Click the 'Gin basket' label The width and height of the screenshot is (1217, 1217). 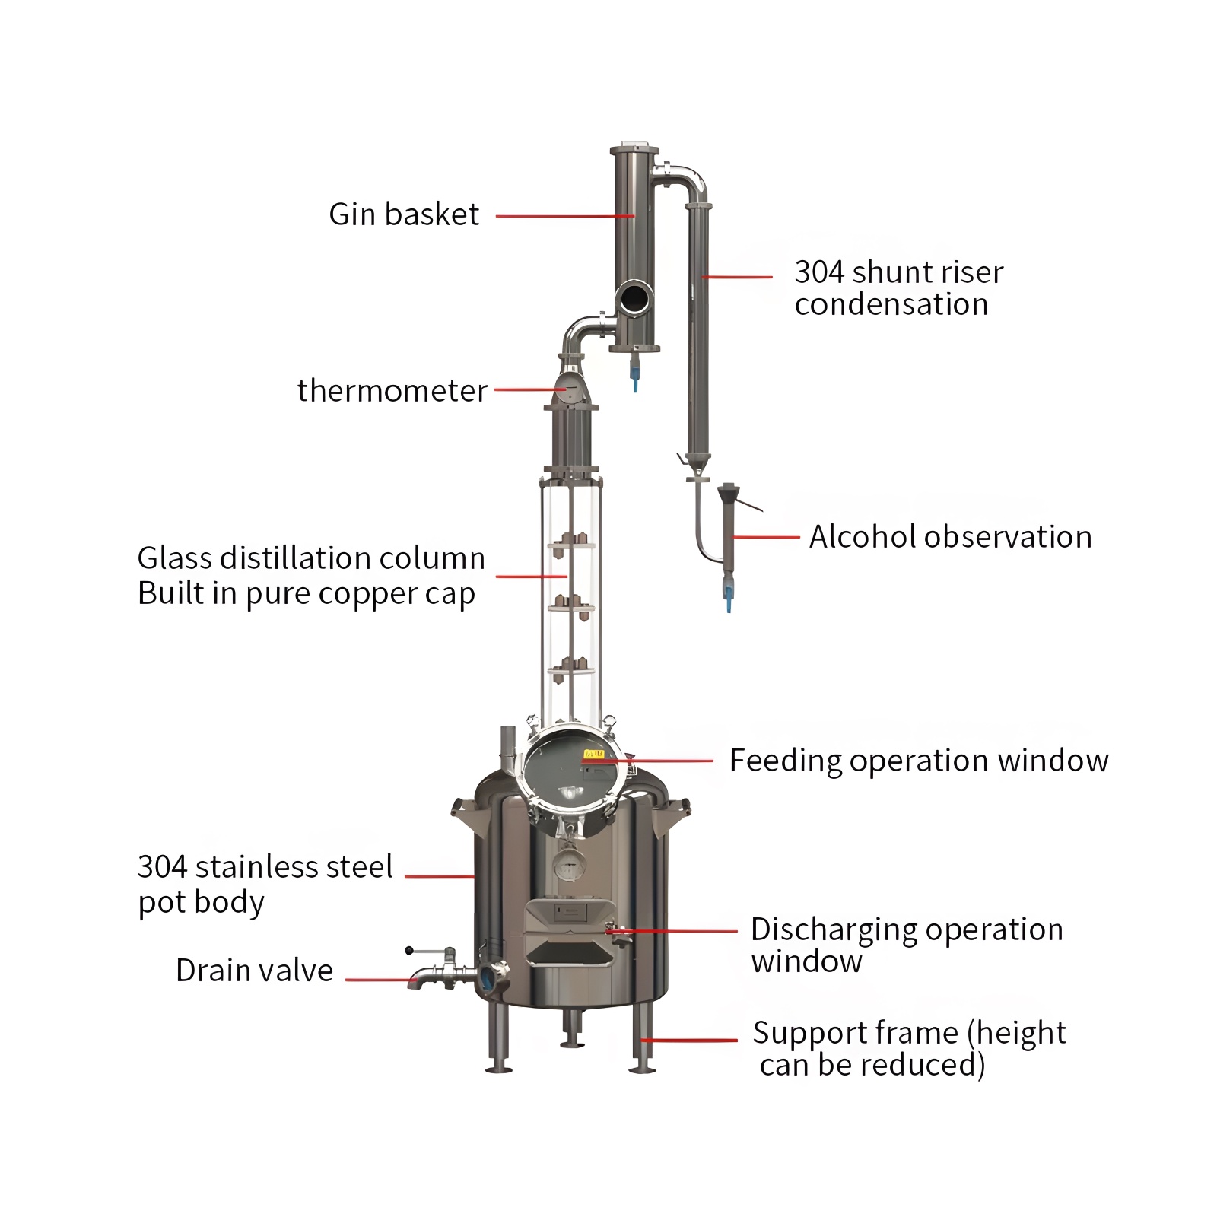click(x=404, y=214)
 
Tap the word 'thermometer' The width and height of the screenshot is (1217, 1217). click(x=392, y=391)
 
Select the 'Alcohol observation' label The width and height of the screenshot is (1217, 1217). click(x=950, y=537)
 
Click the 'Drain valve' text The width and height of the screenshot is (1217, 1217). click(x=254, y=971)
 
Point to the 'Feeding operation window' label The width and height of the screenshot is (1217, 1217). click(x=919, y=761)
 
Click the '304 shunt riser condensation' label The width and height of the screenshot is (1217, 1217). click(x=898, y=288)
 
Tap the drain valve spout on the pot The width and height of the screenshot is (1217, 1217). click(x=418, y=979)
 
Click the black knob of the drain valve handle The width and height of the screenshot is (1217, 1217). click(x=409, y=951)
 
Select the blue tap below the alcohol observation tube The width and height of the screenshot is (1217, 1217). click(x=729, y=600)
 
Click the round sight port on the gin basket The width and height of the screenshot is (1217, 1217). click(x=634, y=297)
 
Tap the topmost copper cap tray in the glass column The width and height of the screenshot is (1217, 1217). click(x=571, y=542)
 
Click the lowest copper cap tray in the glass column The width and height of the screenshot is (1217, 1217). click(x=571, y=669)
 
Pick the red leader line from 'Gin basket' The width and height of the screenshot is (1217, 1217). click(x=564, y=216)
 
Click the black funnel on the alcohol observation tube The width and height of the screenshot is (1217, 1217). click(x=728, y=493)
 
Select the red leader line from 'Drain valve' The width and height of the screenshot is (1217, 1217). click(x=380, y=979)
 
